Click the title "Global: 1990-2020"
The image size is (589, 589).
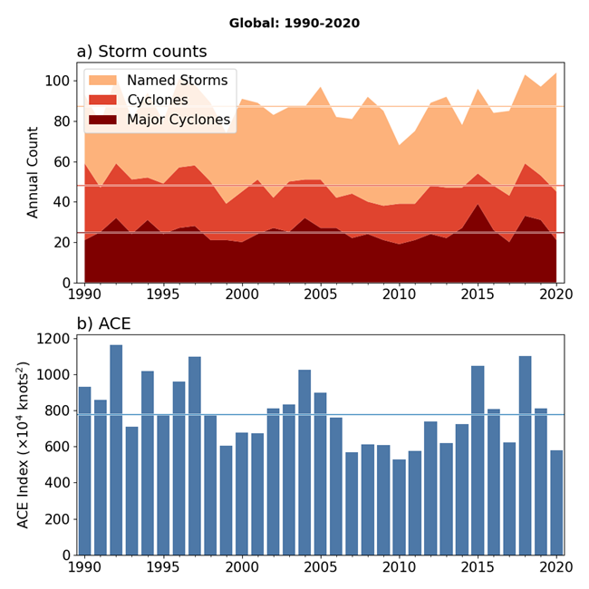click(294, 23)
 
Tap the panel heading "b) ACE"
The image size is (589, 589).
click(111, 323)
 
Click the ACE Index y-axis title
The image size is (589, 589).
click(34, 445)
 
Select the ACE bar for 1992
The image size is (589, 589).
click(116, 449)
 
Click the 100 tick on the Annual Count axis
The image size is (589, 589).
click(58, 82)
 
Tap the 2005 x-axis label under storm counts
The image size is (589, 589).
click(320, 294)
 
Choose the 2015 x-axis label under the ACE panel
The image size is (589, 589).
click(478, 568)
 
